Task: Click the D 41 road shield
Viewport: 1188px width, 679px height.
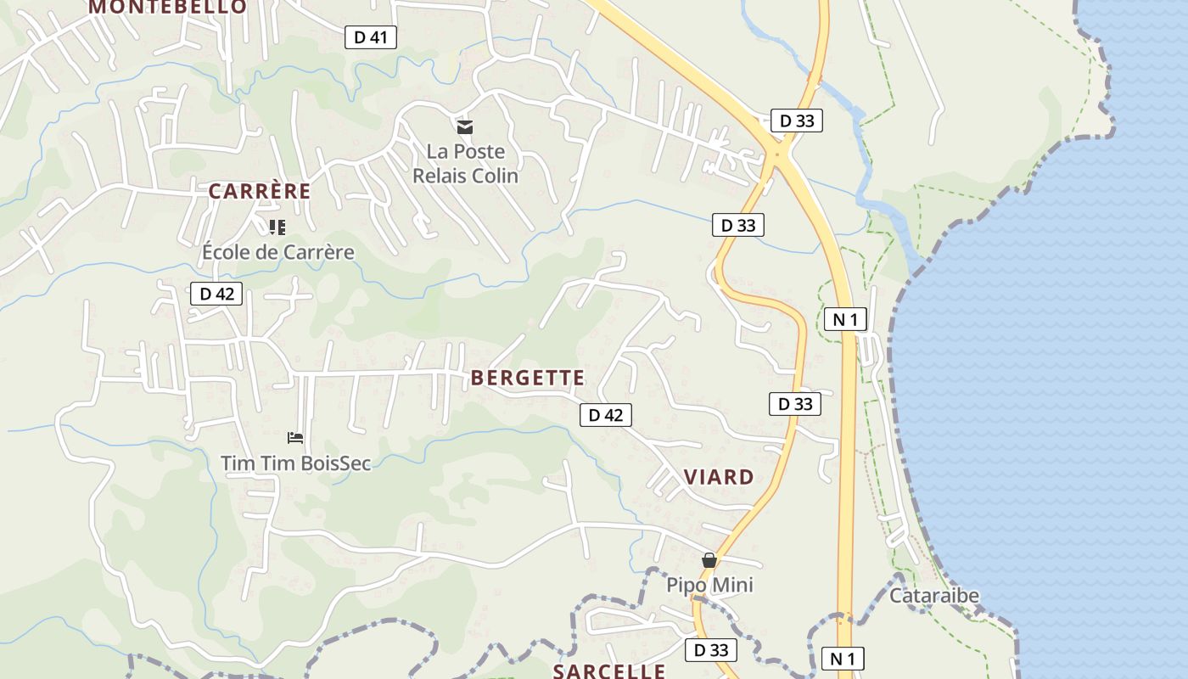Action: click(371, 37)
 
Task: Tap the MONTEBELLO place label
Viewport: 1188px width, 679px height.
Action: click(167, 7)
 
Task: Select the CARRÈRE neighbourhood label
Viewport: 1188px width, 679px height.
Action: click(260, 191)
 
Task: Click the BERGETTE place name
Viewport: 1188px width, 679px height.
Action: click(528, 378)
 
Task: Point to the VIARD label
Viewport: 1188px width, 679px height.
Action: click(719, 477)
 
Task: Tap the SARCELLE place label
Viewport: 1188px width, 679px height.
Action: click(609, 671)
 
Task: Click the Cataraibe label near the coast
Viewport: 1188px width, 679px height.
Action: click(933, 596)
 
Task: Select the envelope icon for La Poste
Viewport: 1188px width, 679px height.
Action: click(464, 127)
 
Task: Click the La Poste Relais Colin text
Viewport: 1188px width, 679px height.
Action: click(464, 164)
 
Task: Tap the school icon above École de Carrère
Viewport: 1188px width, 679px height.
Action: click(277, 227)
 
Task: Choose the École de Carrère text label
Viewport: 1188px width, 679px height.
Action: click(277, 252)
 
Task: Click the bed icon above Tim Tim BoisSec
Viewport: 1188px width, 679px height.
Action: click(295, 438)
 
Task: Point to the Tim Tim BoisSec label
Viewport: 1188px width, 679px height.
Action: click(295, 463)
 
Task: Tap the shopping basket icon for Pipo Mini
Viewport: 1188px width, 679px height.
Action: click(709, 560)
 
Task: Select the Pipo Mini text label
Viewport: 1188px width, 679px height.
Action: click(709, 585)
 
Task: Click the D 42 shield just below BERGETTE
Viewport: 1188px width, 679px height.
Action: click(606, 415)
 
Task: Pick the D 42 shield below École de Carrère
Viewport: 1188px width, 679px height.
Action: click(216, 295)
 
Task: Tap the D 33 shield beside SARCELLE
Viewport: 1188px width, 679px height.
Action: click(711, 650)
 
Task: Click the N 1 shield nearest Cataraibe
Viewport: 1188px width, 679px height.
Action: click(843, 659)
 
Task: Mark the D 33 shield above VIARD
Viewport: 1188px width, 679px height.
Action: click(795, 404)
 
